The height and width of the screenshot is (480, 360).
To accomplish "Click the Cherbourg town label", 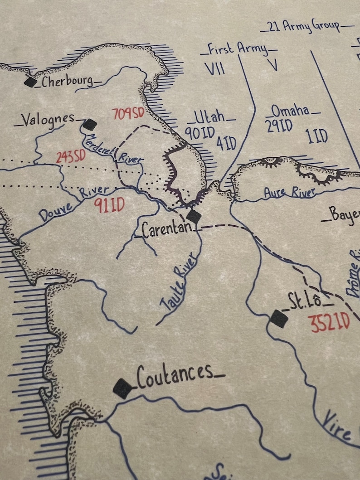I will coord(67,82).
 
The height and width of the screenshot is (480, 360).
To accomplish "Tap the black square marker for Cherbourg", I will coord(30,82).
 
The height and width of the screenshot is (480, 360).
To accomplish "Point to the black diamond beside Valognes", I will coord(90,124).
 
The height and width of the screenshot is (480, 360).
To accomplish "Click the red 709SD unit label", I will coord(128,114).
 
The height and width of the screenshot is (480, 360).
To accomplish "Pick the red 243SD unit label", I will coord(71,157).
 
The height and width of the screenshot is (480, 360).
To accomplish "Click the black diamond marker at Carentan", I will coord(194,216).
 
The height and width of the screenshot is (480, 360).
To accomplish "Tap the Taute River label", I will coord(179,282).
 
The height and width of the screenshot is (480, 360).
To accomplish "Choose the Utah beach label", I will coord(211,117).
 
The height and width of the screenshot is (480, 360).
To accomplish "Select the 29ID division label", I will coord(279,126).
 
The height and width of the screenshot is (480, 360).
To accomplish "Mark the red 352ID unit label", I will coord(329,323).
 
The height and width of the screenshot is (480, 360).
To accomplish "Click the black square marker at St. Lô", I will coord(278,319).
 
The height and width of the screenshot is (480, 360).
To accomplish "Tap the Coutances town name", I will coord(175,375).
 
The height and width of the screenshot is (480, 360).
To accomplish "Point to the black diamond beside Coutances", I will coord(122,388).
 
